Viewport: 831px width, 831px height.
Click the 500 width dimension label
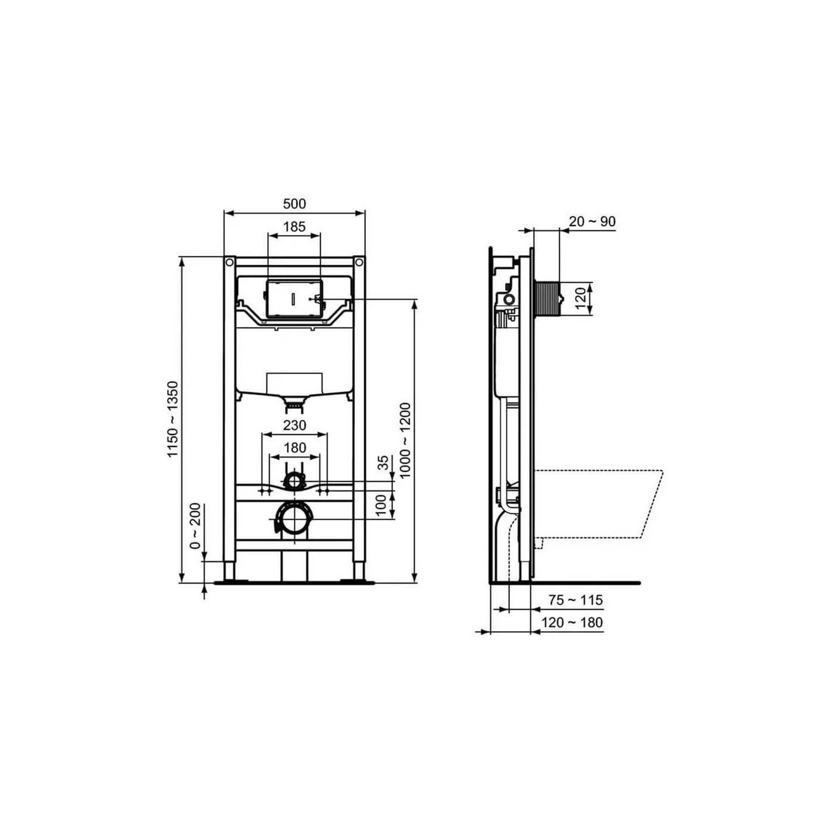coord(294,204)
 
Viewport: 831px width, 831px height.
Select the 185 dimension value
coord(294,227)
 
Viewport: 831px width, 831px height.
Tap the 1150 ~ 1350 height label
coord(173,419)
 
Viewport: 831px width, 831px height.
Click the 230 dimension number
coord(294,426)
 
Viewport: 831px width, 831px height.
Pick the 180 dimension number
coord(294,448)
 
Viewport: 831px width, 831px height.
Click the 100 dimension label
coord(380,505)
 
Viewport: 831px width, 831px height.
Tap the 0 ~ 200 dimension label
coord(195,525)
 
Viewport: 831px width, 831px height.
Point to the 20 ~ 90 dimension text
coord(592,221)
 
